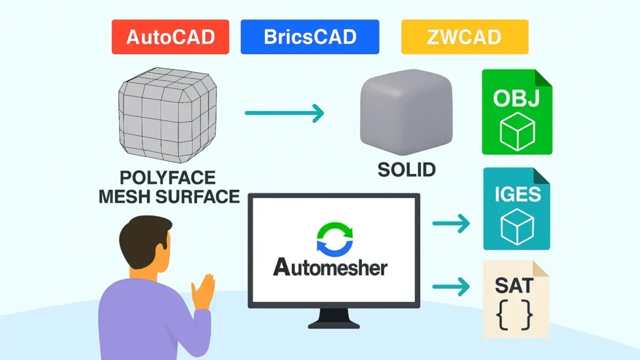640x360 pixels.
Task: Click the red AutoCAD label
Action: pos(170,37)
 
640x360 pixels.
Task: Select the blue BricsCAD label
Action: pos(310,37)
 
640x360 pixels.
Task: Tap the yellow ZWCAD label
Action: pos(464,37)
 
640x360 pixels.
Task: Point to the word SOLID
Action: pos(406,170)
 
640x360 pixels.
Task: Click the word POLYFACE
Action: pos(167,177)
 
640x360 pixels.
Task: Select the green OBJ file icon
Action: pos(516,112)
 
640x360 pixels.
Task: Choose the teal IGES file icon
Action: pos(516,208)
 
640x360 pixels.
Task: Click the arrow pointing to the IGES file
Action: pos(451,223)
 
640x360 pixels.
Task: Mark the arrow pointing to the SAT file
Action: pos(451,287)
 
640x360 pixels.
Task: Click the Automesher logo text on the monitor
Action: pos(330,267)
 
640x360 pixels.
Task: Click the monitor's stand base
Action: pos(334,324)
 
